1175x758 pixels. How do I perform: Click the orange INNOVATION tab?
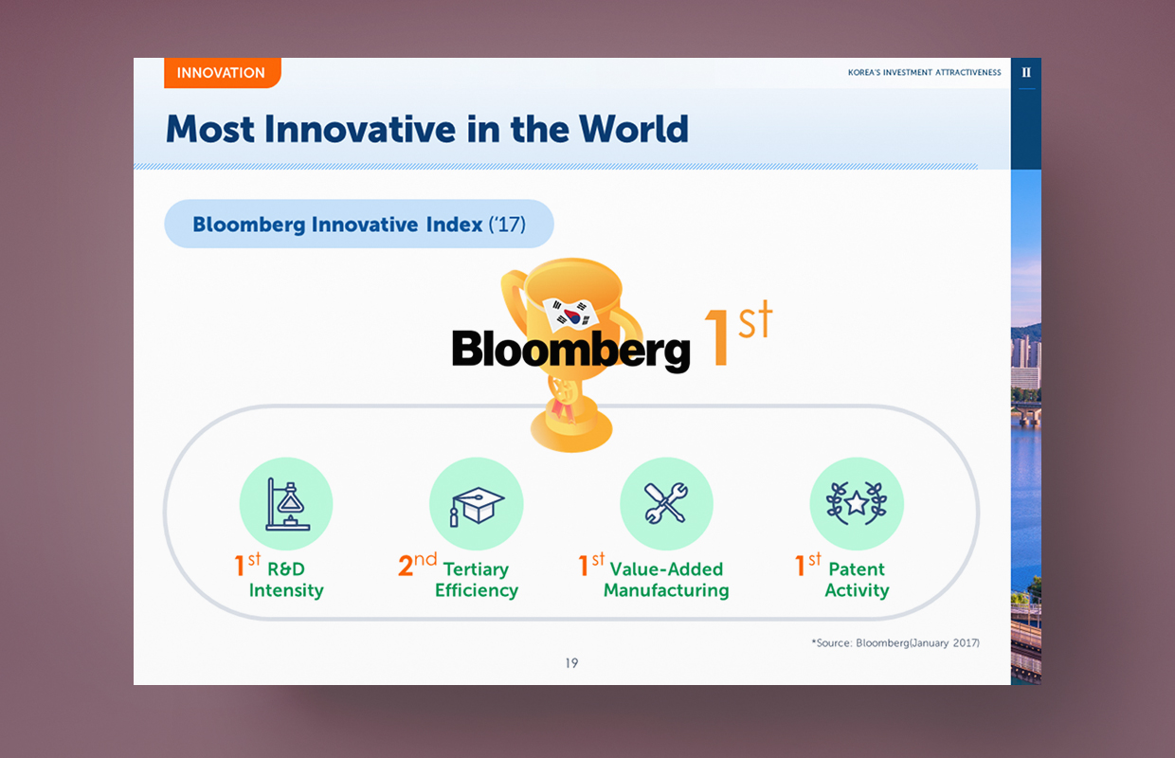tap(223, 73)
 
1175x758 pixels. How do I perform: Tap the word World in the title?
tap(634, 129)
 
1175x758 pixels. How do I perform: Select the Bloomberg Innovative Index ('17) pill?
tap(359, 224)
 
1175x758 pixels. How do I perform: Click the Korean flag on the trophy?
tap(570, 315)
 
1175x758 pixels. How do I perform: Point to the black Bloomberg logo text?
tap(570, 350)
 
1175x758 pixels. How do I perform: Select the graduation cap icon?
tap(477, 506)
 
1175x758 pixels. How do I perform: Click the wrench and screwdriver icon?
tap(666, 503)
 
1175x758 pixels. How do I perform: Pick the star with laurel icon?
tap(857, 503)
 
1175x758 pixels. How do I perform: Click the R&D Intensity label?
tap(286, 580)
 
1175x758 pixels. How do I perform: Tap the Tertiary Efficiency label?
tap(477, 580)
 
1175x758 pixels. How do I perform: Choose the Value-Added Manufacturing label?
tap(666, 580)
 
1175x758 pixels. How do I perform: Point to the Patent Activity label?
tap(857, 580)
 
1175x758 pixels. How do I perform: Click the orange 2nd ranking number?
tap(417, 565)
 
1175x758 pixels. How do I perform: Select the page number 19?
tap(571, 663)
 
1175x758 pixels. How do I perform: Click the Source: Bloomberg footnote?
tap(895, 642)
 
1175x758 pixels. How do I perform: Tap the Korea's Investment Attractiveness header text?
tap(924, 72)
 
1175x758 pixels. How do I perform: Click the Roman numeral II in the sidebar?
tap(1026, 72)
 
